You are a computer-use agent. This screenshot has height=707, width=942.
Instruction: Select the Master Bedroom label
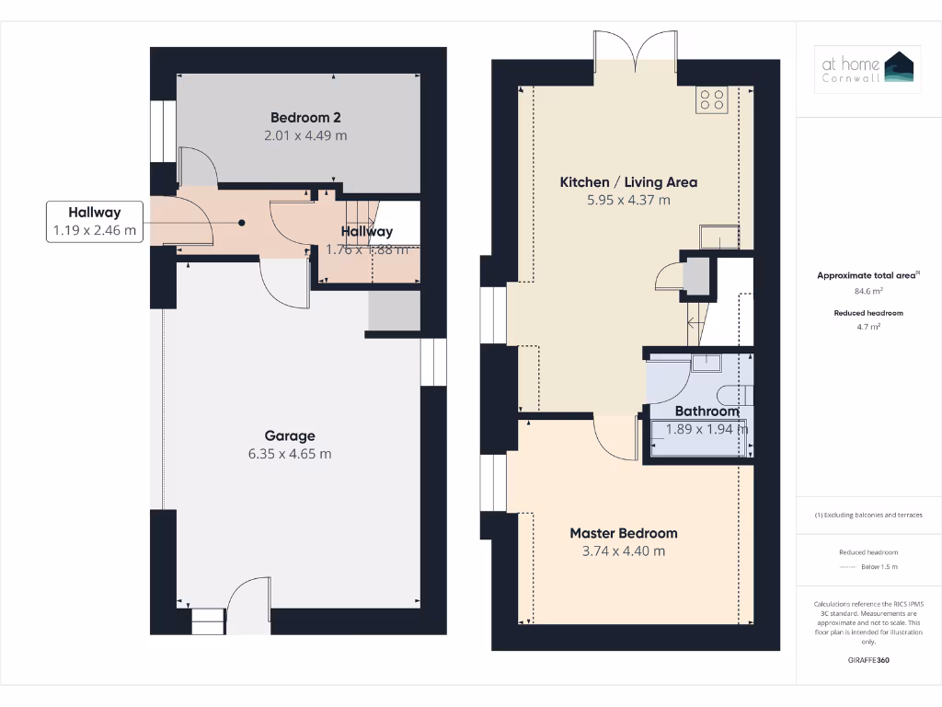click(623, 533)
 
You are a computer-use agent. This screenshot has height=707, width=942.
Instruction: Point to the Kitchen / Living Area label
click(628, 182)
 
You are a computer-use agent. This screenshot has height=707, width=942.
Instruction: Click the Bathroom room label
click(706, 411)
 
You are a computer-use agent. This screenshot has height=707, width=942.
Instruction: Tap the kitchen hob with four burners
click(712, 99)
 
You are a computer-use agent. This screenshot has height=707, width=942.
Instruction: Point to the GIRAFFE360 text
click(868, 660)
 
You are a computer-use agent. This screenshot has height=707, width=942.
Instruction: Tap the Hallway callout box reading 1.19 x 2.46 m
click(94, 222)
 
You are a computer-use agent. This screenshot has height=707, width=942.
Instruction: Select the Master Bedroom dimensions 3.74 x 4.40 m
click(623, 551)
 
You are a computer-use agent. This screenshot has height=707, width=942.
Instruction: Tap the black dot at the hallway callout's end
click(242, 222)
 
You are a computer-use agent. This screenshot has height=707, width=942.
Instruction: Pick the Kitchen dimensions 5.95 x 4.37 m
click(628, 200)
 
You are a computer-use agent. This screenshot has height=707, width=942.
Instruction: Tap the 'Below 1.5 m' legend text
click(879, 566)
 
